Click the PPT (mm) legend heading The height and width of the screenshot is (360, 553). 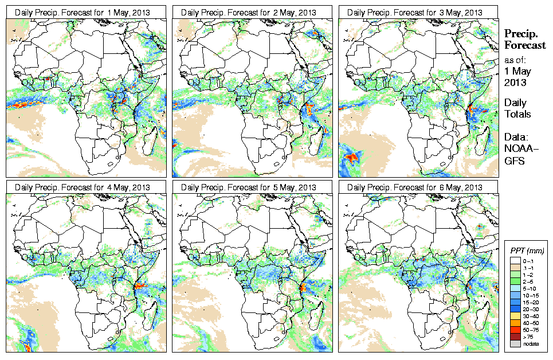[x=527, y=251]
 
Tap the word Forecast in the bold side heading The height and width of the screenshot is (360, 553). [x=525, y=46]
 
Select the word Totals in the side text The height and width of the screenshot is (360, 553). [x=517, y=114]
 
